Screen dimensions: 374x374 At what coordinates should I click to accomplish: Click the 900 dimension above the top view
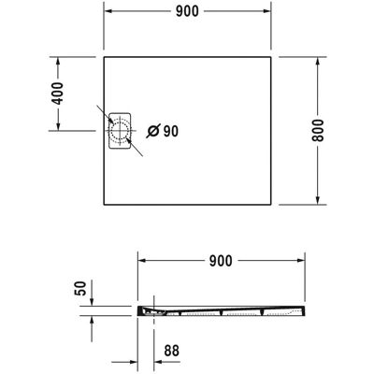[187, 11]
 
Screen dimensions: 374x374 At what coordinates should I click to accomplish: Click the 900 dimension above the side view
[221, 261]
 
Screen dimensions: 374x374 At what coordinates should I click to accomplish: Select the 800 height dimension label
[318, 130]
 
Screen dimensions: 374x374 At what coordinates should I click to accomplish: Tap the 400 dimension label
[58, 93]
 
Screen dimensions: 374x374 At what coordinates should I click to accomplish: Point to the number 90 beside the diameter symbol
[171, 131]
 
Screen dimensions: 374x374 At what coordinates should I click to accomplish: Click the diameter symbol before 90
[153, 131]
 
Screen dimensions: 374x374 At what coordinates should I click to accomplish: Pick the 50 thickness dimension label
[80, 288]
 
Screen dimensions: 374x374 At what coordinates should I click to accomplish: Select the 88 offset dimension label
[172, 351]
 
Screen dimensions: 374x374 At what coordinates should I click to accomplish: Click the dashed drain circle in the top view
[119, 131]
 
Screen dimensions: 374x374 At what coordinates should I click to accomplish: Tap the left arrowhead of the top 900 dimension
[108, 11]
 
